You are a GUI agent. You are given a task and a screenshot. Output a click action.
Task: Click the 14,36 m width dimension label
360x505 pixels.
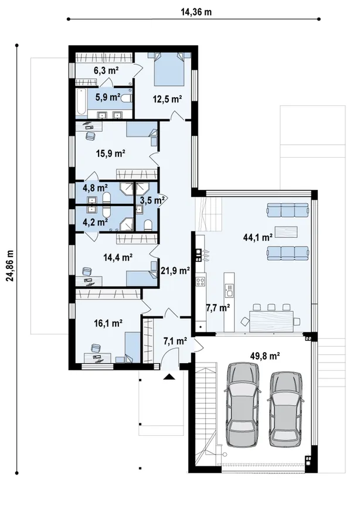tap(196, 12)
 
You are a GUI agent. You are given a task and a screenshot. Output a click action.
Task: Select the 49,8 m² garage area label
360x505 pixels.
tap(264, 356)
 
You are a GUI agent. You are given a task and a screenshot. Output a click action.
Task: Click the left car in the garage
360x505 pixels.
tap(243, 404)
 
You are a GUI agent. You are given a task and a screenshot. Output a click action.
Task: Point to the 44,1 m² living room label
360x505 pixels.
tap(258, 238)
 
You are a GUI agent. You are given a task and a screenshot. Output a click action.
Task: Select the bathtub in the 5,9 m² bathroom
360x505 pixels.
tap(81, 102)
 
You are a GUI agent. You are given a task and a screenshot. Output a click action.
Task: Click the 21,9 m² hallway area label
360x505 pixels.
tap(175, 271)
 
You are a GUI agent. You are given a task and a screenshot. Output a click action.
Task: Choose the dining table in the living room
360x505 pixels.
tap(271, 320)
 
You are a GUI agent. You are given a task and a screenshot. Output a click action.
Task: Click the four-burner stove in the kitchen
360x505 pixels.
tap(201, 281)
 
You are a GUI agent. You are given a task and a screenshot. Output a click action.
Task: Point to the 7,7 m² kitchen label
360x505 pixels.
tap(218, 308)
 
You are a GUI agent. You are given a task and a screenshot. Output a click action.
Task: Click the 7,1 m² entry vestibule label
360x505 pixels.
tap(175, 342)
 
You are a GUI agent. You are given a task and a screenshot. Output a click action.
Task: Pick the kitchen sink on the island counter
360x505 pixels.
tap(229, 290)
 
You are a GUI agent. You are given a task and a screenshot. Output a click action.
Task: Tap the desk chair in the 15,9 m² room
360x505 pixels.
tap(90, 136)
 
